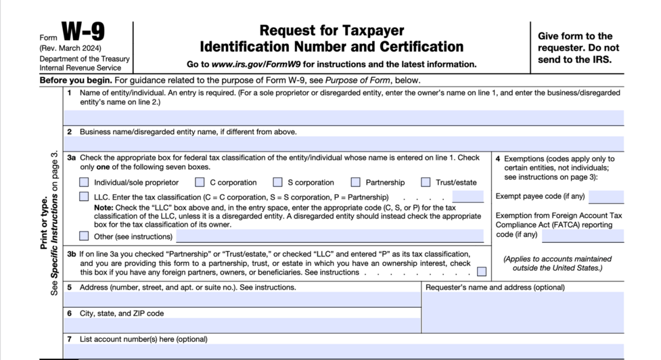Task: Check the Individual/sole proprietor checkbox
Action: click(x=84, y=182)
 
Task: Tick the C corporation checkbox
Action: click(x=200, y=182)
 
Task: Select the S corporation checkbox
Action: click(x=277, y=182)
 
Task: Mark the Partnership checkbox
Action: click(x=356, y=182)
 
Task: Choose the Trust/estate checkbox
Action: click(x=426, y=182)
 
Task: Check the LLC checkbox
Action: click(x=84, y=197)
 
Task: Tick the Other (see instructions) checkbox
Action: click(x=84, y=236)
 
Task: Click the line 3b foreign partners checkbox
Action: click(x=481, y=272)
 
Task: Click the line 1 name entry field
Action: click(x=344, y=117)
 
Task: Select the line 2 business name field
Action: click(x=344, y=143)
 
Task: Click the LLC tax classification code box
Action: click(x=468, y=197)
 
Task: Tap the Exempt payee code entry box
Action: click(x=606, y=197)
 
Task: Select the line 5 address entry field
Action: click(x=242, y=299)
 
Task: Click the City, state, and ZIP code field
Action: click(x=242, y=325)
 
